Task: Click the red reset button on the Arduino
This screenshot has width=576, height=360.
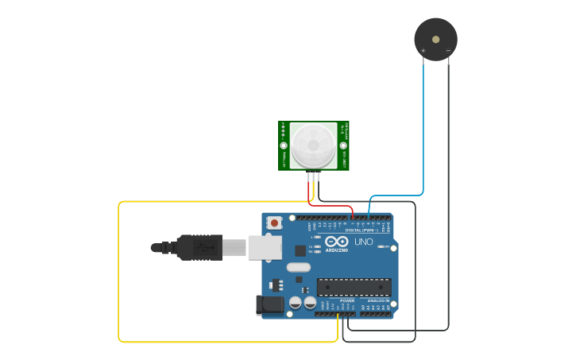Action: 274,223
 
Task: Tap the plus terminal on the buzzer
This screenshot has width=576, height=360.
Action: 423,52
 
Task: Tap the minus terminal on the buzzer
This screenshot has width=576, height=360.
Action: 448,52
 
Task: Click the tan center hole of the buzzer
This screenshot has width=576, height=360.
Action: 435,38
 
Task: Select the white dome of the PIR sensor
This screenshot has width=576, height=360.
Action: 313,145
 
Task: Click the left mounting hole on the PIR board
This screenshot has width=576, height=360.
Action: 284,145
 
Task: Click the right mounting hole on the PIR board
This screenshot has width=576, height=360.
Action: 343,145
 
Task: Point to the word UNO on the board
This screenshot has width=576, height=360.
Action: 363,242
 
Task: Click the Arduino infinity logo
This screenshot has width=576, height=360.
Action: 336,242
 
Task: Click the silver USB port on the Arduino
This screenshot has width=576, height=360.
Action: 265,247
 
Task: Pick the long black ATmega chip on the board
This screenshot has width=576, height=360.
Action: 354,287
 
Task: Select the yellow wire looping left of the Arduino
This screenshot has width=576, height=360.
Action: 119,270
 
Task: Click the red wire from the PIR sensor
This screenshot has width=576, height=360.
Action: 334,206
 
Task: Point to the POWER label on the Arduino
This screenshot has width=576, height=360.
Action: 347,301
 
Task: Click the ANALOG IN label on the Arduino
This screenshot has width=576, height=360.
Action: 377,301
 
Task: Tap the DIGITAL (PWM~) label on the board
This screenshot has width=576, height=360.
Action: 361,230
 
